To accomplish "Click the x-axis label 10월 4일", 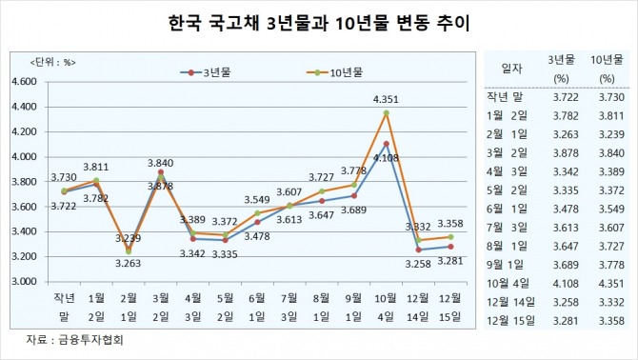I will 385,309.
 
